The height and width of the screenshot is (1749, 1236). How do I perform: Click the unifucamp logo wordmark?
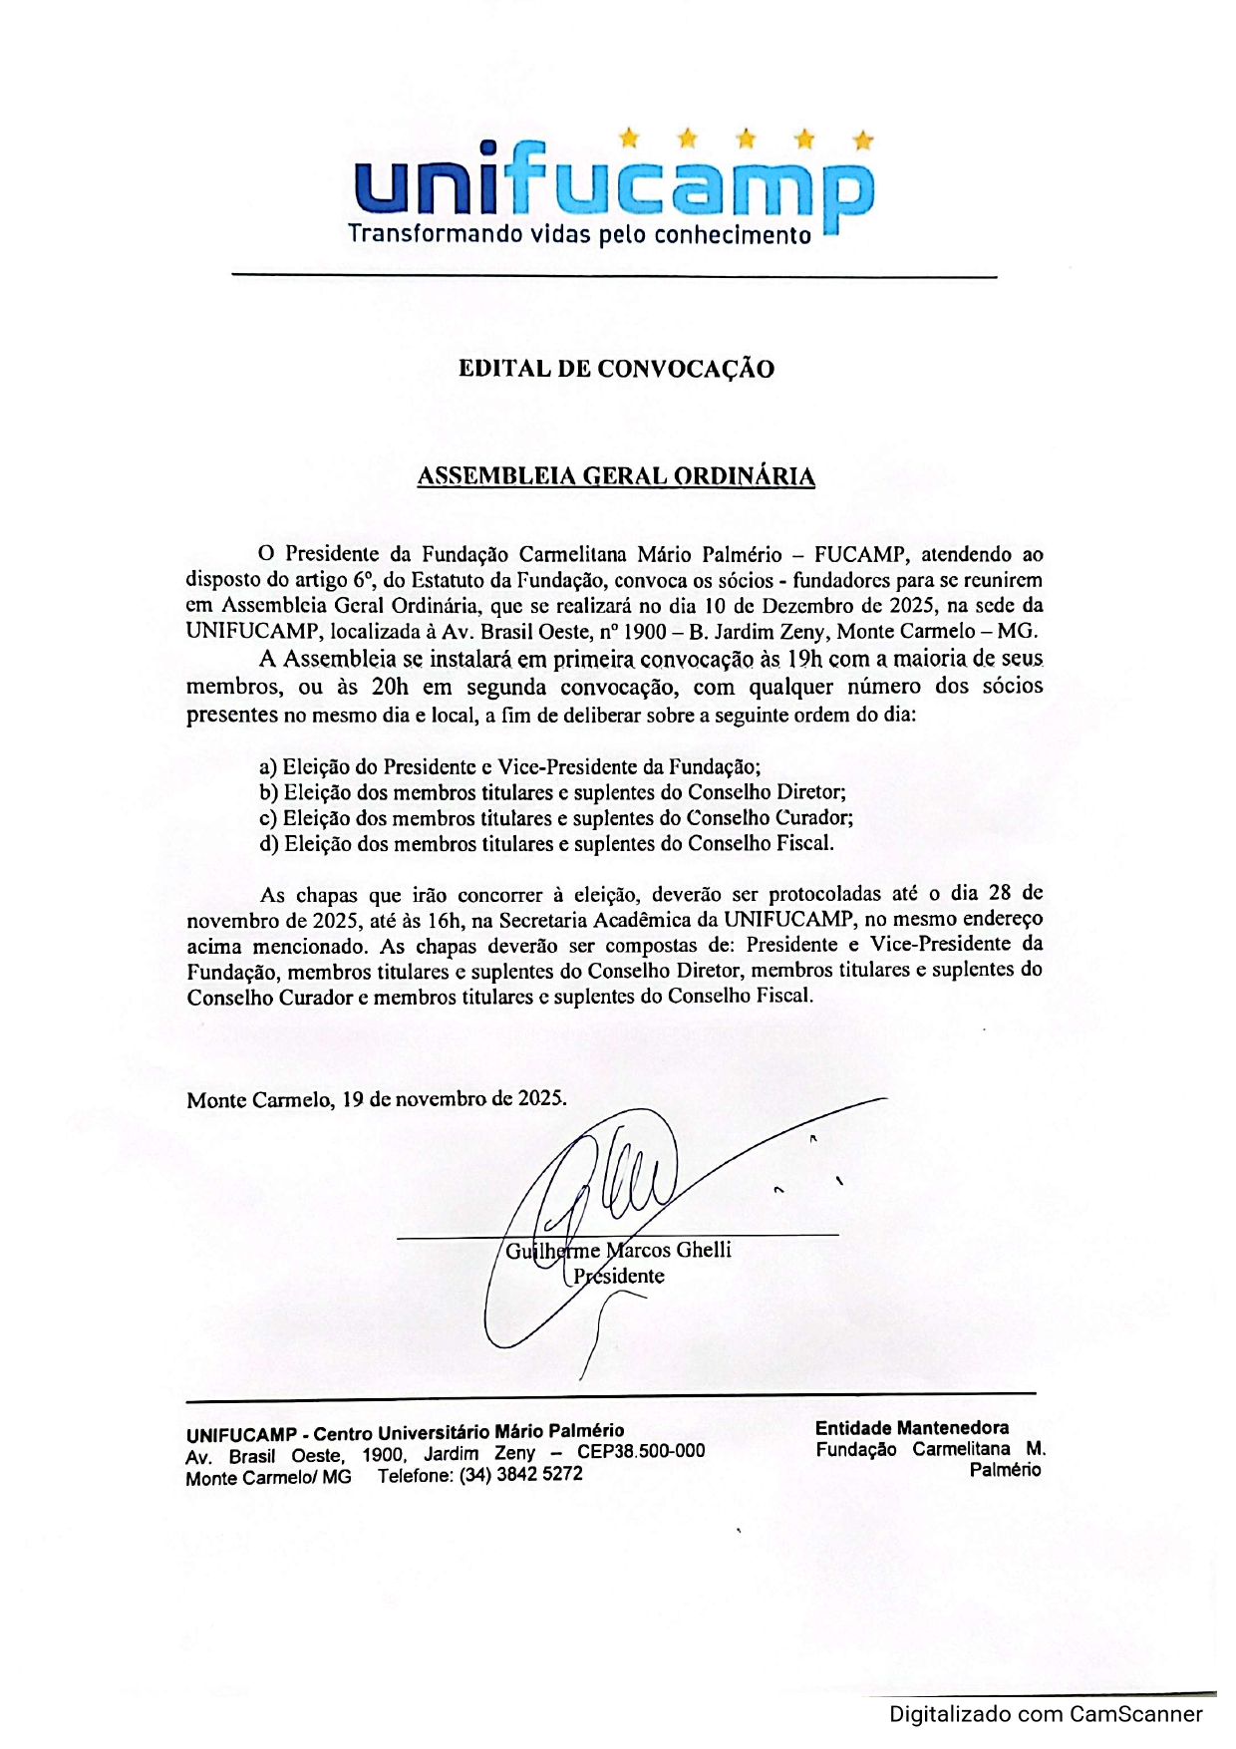tap(614, 186)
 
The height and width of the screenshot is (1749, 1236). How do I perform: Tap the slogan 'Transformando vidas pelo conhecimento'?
tap(579, 235)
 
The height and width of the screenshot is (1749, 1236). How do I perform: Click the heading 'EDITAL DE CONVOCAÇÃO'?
tap(616, 369)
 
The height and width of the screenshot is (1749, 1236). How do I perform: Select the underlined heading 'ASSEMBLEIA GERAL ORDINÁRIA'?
tap(616, 476)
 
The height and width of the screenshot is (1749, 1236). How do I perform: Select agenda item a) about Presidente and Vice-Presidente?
tap(509, 767)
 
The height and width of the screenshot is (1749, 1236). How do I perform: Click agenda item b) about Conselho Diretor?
tap(552, 793)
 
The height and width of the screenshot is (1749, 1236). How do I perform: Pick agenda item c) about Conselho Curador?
tap(555, 818)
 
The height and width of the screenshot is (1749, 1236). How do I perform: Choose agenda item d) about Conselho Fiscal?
tap(546, 843)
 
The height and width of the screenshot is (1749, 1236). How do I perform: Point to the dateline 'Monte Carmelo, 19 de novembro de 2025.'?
tap(377, 1099)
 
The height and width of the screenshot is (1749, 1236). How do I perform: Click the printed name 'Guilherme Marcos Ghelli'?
tap(618, 1251)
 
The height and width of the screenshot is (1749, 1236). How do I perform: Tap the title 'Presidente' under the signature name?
tap(618, 1277)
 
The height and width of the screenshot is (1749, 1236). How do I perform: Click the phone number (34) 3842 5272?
tap(520, 1474)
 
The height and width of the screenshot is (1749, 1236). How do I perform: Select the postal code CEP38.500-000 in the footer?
tap(641, 1451)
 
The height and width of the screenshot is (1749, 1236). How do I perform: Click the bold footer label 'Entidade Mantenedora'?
tap(911, 1428)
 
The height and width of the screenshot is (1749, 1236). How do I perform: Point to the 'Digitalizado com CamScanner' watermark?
tap(1046, 1714)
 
